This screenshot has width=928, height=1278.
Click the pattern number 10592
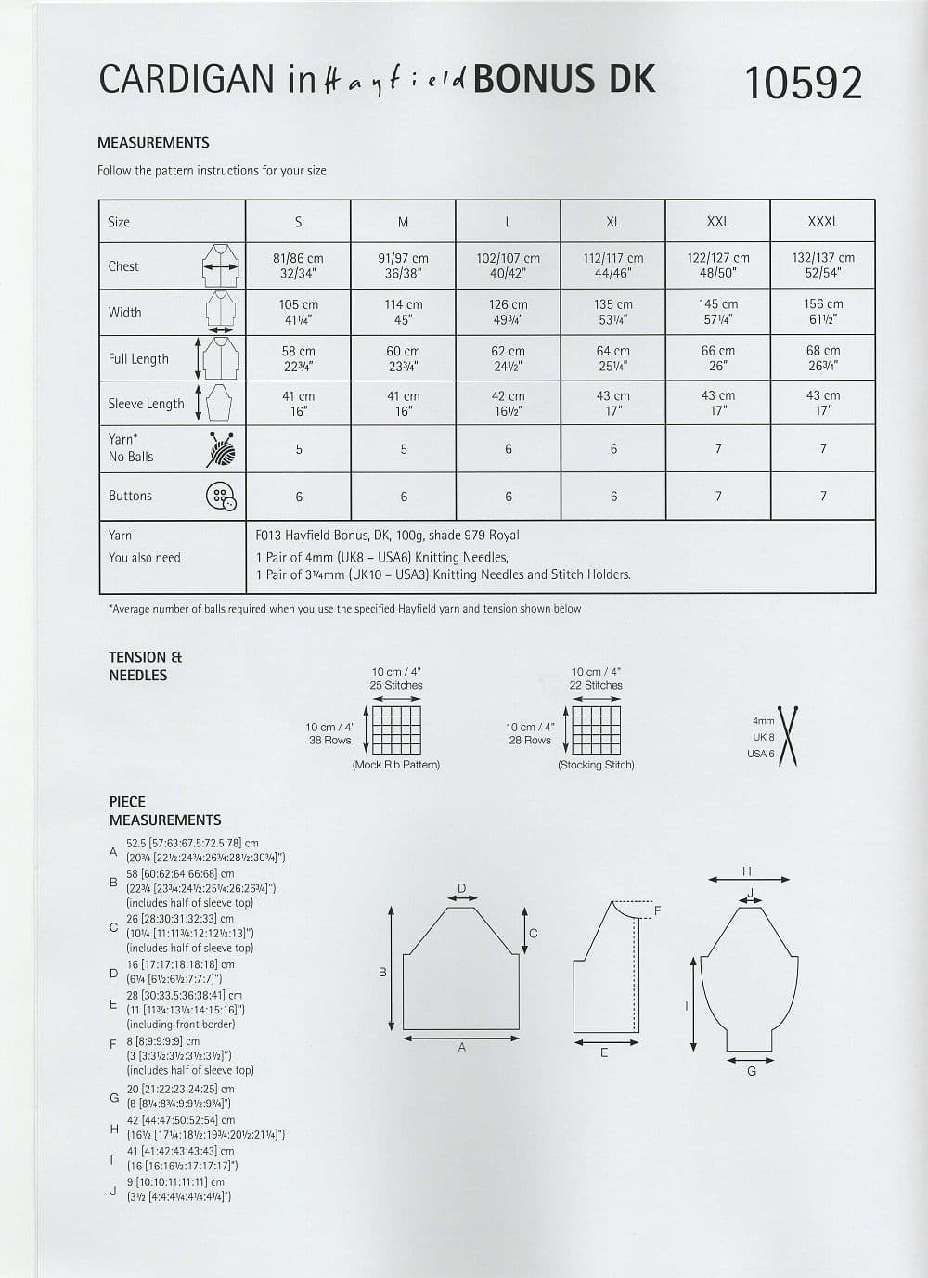[803, 84]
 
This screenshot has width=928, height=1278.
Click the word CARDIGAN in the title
[187, 81]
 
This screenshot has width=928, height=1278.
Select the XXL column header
[717, 222]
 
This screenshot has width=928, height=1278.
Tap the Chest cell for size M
[403, 265]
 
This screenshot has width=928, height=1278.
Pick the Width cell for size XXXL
[823, 312]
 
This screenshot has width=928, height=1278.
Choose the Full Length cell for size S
[298, 358]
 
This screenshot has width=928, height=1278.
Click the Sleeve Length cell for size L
[508, 403]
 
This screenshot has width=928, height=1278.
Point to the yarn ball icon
[221, 449]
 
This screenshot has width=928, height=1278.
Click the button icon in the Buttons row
[221, 497]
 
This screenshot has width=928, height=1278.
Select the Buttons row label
[130, 496]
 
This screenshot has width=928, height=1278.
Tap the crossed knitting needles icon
[789, 736]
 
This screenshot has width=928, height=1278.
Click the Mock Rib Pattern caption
[396, 765]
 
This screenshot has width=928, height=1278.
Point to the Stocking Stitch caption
[596, 765]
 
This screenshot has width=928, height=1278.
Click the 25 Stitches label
[396, 685]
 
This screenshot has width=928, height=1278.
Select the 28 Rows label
[529, 740]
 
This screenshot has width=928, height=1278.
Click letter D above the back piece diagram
[461, 888]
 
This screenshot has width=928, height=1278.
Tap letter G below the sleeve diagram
[751, 1071]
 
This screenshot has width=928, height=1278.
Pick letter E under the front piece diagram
[604, 1052]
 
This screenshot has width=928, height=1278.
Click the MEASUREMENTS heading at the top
[153, 143]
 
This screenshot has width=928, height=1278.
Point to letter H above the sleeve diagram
[747, 871]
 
